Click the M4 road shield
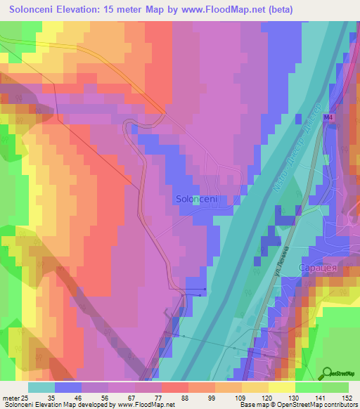(328, 119)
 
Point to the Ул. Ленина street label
(278, 268)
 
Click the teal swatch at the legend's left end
(41, 387)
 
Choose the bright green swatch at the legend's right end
(335, 387)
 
